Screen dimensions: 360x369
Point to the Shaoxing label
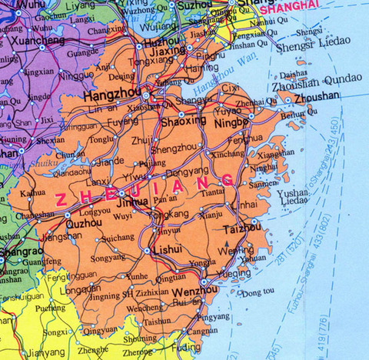182,122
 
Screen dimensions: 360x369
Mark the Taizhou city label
242,228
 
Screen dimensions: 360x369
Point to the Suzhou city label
194,4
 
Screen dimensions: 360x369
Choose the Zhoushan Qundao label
316,87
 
